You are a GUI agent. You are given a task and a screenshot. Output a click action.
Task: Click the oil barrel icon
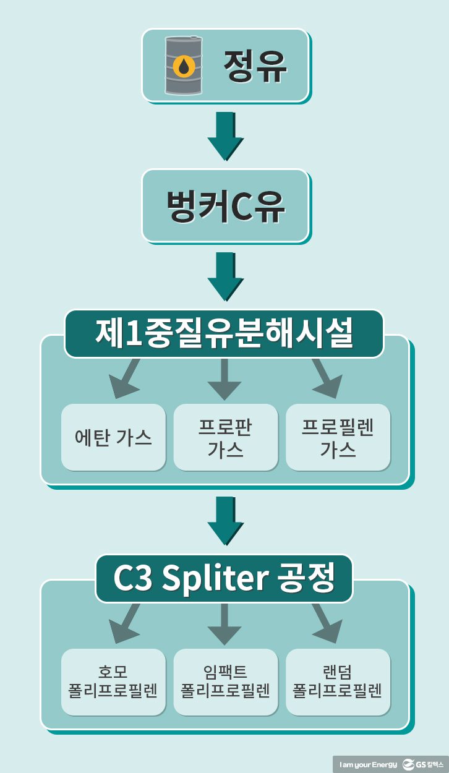(x=183, y=65)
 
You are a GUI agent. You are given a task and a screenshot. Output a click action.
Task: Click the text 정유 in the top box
(x=255, y=66)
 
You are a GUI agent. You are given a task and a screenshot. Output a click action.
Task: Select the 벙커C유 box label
(x=225, y=206)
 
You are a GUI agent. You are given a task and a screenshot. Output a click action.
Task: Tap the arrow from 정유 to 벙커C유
(x=225, y=137)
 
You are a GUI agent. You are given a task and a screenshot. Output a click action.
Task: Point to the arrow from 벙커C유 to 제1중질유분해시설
(x=225, y=276)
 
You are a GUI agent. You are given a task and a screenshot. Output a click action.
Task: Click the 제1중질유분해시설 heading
(x=224, y=334)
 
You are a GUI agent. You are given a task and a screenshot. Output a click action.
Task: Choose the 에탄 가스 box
(x=113, y=437)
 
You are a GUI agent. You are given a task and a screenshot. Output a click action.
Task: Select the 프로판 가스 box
(x=225, y=437)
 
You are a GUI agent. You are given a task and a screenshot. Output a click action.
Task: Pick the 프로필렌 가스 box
(x=338, y=437)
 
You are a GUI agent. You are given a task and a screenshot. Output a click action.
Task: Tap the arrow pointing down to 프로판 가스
(x=224, y=379)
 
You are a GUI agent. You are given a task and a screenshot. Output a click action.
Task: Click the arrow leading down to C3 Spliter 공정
(x=225, y=521)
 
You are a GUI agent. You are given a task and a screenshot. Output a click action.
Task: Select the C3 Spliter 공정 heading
(x=224, y=578)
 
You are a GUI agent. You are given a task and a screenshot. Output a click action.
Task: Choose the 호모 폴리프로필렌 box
(x=113, y=682)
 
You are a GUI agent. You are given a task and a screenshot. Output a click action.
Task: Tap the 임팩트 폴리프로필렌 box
(x=225, y=682)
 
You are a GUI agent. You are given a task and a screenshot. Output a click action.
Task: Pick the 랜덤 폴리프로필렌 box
(x=338, y=682)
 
